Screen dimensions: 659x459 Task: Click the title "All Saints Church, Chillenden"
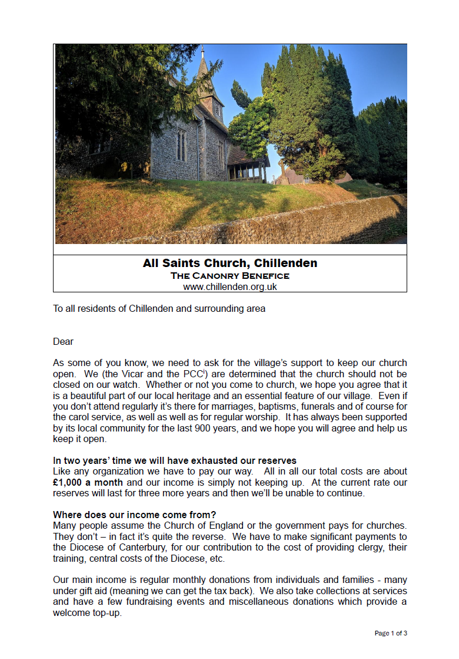(230, 263)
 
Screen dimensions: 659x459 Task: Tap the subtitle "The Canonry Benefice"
(230, 275)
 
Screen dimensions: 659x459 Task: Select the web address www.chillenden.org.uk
(230, 286)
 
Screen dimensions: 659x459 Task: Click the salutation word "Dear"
(63, 342)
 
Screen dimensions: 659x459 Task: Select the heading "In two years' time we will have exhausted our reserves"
(175, 460)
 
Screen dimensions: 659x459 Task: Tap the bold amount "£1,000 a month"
(88, 482)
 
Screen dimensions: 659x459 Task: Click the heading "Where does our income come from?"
(134, 515)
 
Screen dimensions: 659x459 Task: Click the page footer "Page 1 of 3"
(391, 634)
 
